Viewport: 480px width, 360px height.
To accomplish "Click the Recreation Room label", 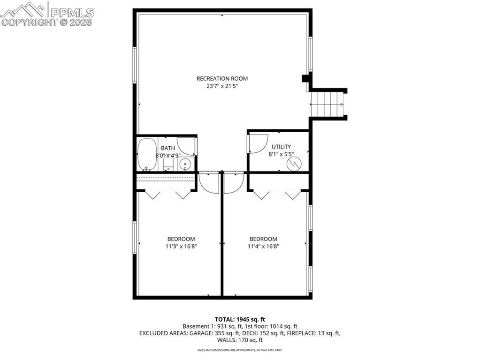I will click(x=222, y=78).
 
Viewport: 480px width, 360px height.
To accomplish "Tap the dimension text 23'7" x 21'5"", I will click(x=222, y=86).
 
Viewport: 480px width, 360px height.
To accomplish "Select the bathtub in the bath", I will click(x=147, y=155).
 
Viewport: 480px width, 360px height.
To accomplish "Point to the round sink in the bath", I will click(x=185, y=165).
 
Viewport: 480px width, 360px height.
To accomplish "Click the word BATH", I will click(x=168, y=148).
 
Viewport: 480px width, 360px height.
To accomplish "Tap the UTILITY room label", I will click(x=282, y=147).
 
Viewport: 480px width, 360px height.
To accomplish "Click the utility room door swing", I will click(x=257, y=143).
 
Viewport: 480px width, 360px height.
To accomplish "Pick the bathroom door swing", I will click(x=187, y=146).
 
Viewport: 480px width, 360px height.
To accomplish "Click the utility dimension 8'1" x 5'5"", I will click(x=282, y=154).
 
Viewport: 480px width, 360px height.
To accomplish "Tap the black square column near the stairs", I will click(x=305, y=78).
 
